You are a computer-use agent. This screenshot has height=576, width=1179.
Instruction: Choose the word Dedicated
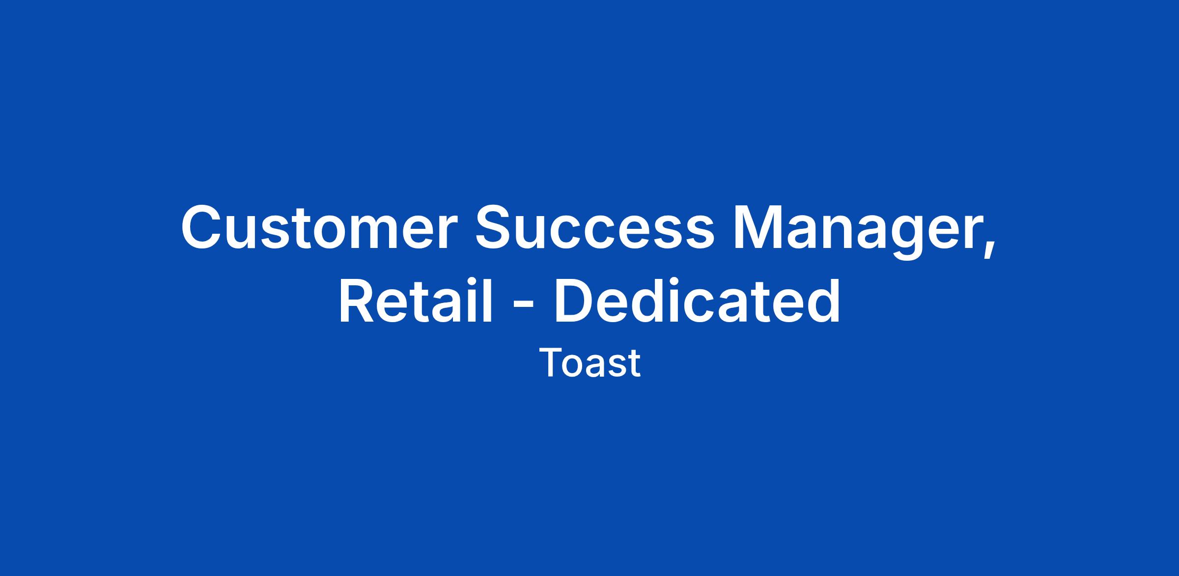[698, 300]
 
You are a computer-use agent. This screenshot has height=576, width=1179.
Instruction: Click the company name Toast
[589, 363]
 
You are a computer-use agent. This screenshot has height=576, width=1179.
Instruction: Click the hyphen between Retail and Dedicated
[523, 307]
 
